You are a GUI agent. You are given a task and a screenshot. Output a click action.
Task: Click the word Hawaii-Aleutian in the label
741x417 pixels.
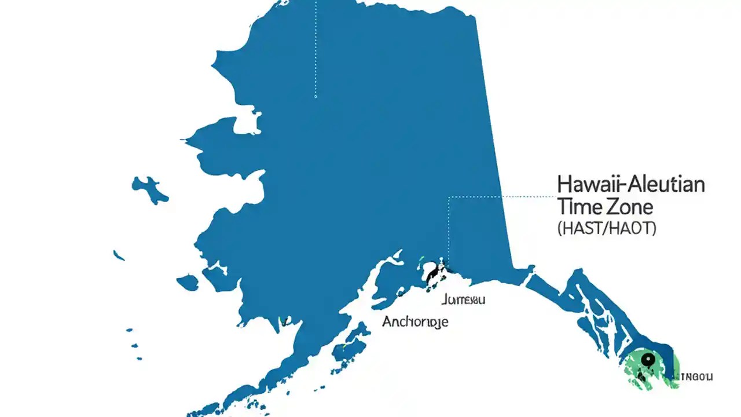[631, 185]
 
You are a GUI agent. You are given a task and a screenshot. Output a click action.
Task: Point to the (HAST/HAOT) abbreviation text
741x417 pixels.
[607, 228]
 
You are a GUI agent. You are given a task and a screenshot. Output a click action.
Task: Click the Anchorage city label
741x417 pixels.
[415, 321]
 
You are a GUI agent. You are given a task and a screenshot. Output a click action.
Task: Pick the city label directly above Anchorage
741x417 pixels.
[463, 299]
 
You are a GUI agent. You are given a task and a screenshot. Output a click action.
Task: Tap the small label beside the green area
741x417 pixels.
[696, 376]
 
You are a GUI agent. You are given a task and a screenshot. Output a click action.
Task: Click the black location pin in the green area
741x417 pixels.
[647, 360]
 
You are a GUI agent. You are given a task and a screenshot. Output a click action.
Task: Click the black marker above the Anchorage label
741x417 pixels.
[435, 272]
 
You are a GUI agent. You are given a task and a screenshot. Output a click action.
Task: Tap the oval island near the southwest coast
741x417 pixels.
[187, 283]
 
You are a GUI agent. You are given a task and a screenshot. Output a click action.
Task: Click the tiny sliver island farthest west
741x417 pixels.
[119, 255]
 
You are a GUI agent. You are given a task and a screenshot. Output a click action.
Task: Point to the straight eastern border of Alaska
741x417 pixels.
[492, 145]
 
